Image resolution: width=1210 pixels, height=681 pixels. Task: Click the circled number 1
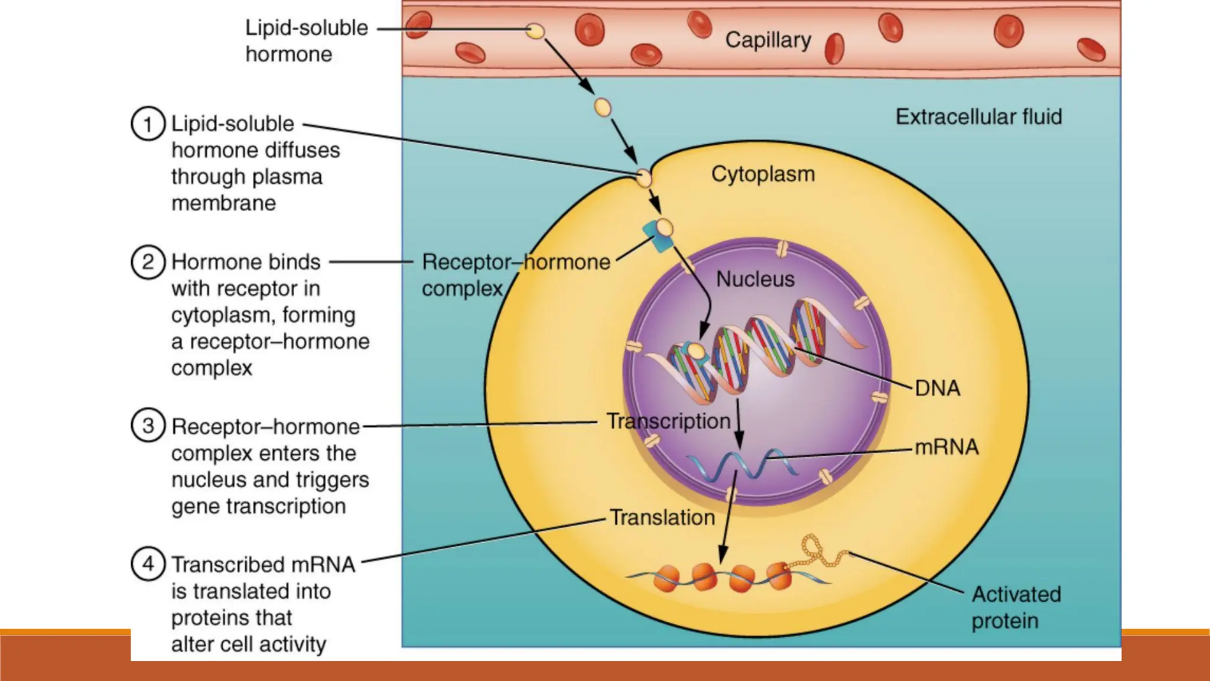(x=148, y=124)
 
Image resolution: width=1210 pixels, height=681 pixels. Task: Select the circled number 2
(x=148, y=262)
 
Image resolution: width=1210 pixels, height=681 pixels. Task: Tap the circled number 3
(x=148, y=426)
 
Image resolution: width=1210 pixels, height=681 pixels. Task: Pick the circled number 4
(x=148, y=564)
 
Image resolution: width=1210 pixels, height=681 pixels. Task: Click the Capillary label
(x=767, y=40)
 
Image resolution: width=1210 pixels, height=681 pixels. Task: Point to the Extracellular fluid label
(x=978, y=116)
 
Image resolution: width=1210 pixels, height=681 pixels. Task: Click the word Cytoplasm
(x=763, y=174)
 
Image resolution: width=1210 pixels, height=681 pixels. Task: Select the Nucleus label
(x=755, y=279)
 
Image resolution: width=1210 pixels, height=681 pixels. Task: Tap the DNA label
(x=937, y=388)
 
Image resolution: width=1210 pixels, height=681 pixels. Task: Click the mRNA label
(x=946, y=447)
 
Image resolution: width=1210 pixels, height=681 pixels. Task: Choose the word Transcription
(x=668, y=421)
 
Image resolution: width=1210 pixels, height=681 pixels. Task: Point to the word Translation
(x=662, y=518)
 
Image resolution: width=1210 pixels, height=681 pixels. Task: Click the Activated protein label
(x=1016, y=607)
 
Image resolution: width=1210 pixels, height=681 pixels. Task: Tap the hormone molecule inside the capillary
(x=535, y=31)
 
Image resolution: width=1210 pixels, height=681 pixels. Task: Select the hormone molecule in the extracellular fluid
(x=602, y=108)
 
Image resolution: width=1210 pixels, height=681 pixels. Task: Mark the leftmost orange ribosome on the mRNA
(x=666, y=578)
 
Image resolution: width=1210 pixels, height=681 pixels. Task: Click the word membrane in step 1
(x=223, y=203)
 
